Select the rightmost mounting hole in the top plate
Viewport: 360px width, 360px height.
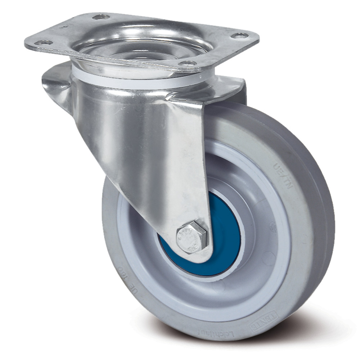click(x=240, y=35)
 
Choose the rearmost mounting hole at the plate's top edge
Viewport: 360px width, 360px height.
click(x=101, y=17)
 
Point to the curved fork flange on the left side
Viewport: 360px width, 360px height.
click(x=58, y=86)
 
